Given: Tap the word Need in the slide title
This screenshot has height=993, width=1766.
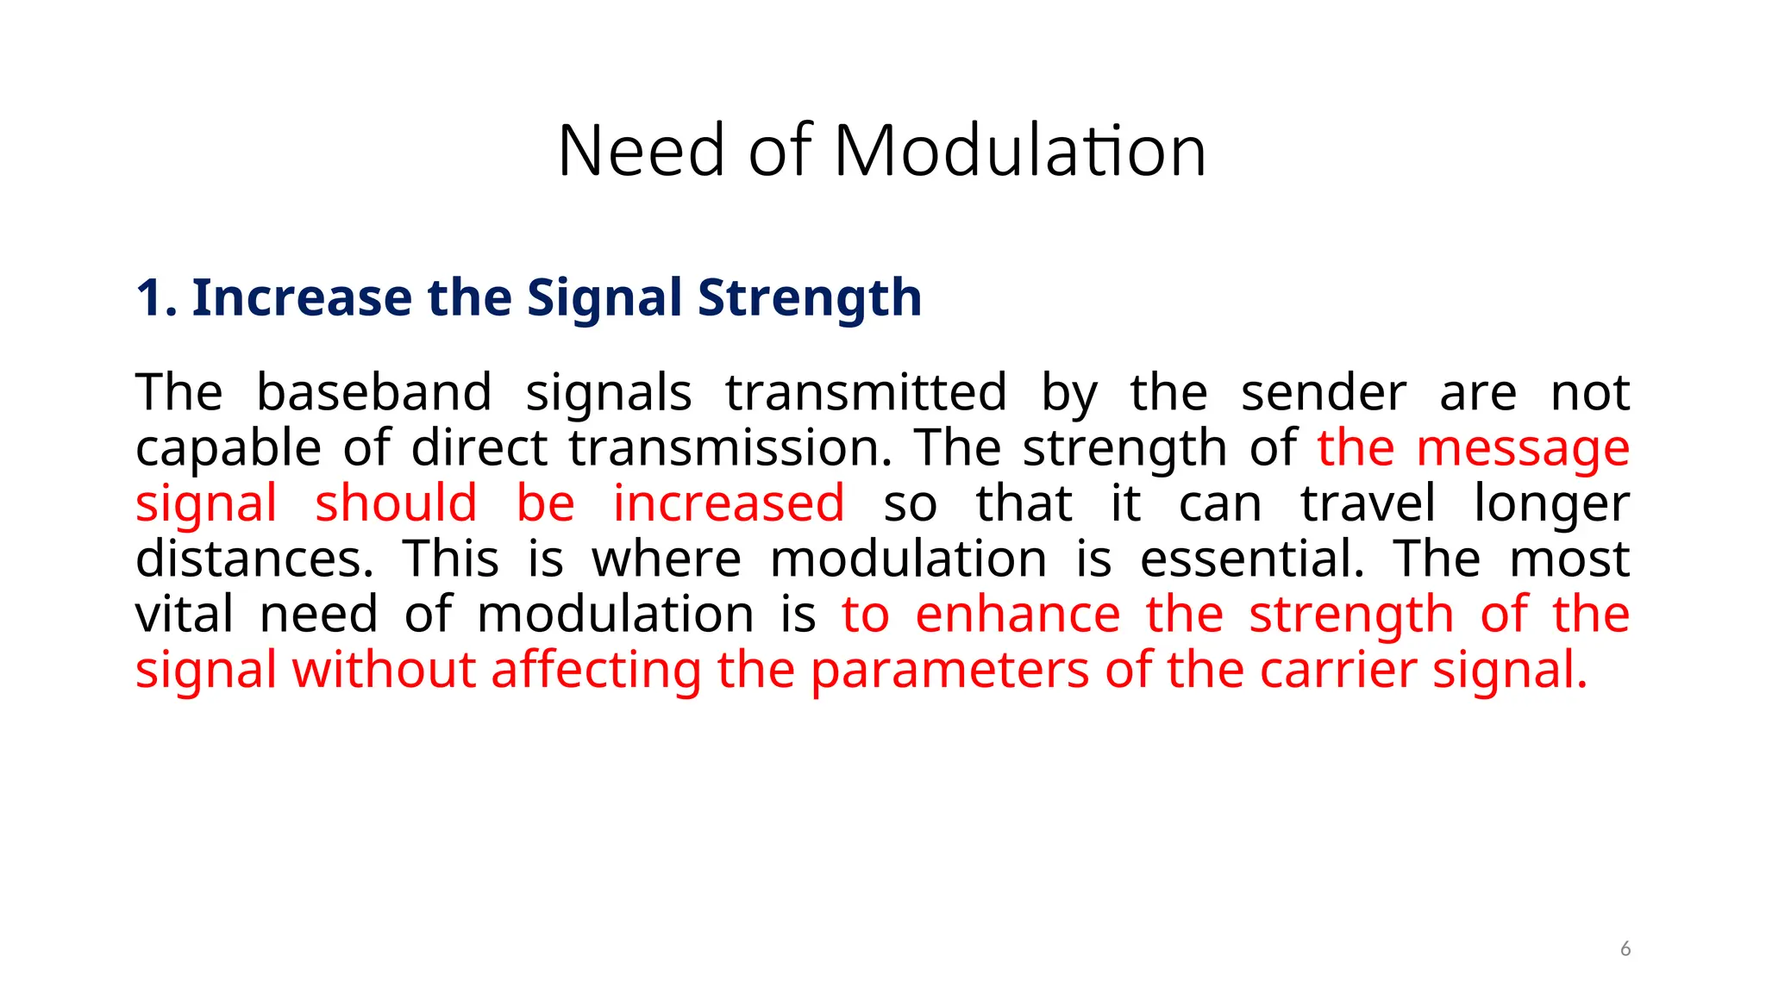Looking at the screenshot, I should [x=641, y=151].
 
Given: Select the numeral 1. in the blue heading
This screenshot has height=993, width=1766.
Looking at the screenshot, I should [x=156, y=298].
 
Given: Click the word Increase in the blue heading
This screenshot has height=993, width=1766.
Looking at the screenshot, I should [x=301, y=298].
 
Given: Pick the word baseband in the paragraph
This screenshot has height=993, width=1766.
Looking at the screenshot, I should [x=374, y=393].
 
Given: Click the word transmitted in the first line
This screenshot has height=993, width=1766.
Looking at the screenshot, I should [x=866, y=393].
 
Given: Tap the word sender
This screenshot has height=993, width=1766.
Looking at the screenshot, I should [x=1324, y=393].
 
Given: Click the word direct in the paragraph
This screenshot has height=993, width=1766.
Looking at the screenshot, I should [x=479, y=448].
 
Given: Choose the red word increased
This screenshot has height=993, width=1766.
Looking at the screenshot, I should [x=729, y=503].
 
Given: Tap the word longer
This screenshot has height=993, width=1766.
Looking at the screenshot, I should [x=1551, y=505].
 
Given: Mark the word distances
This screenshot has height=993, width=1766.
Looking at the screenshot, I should [x=254, y=559].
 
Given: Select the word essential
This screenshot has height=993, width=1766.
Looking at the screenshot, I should [x=1252, y=559].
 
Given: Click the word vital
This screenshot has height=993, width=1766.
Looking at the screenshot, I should [x=185, y=614].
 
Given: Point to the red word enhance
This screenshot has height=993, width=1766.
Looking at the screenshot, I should [x=1018, y=614].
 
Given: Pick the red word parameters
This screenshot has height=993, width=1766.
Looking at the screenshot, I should [x=950, y=671].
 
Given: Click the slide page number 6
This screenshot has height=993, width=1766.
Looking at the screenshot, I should [x=1625, y=949].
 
